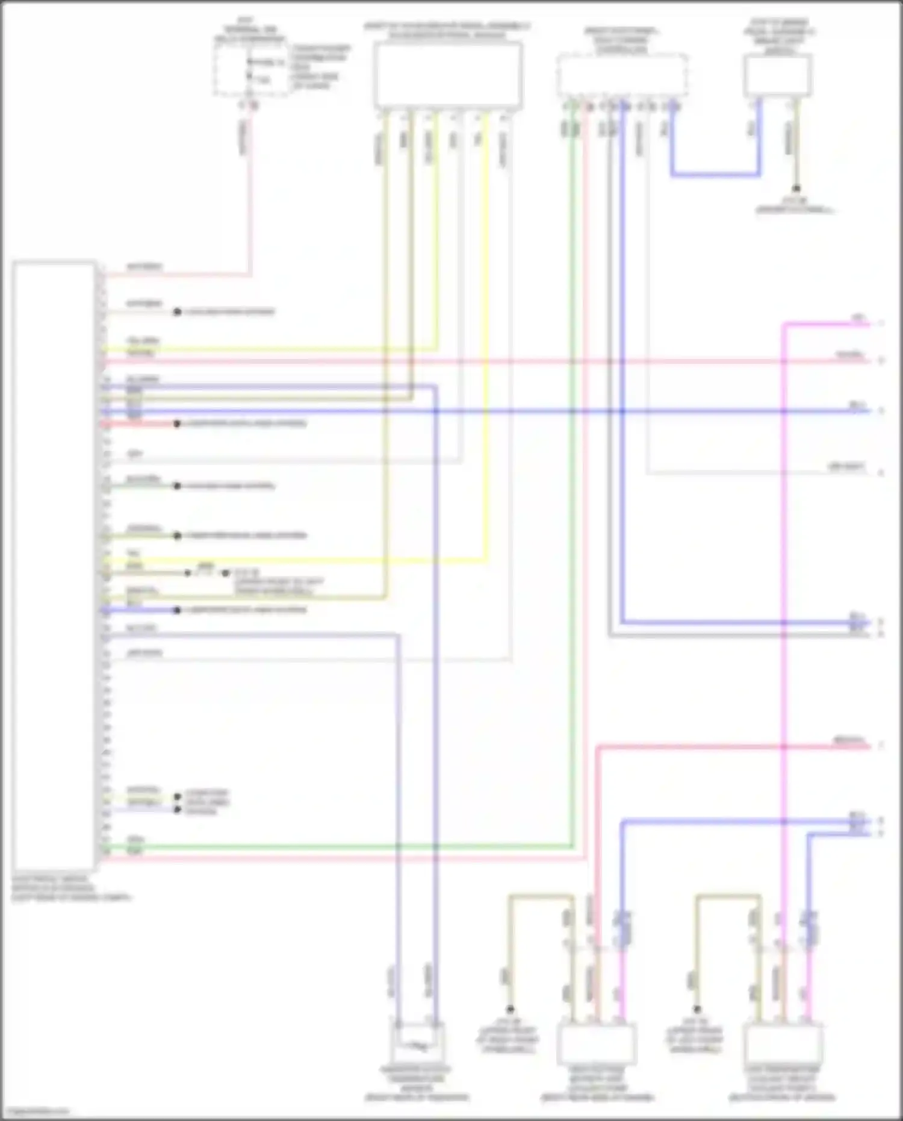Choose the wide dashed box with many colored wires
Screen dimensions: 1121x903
tap(622, 75)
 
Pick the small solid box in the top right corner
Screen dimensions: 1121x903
tap(777, 75)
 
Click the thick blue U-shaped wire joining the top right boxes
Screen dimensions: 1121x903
tap(715, 175)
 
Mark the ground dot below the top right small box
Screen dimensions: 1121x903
tap(796, 189)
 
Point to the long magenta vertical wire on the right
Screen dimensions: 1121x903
tap(784, 542)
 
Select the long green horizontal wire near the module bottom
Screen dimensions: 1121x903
tap(337, 847)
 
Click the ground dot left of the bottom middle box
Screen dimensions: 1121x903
tap(510, 1008)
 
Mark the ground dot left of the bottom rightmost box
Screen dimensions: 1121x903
tap(697, 1008)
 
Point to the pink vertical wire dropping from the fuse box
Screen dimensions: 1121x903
tap(249, 193)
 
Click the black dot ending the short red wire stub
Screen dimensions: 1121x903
tap(177, 424)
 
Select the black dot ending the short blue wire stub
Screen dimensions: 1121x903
tap(177, 610)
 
